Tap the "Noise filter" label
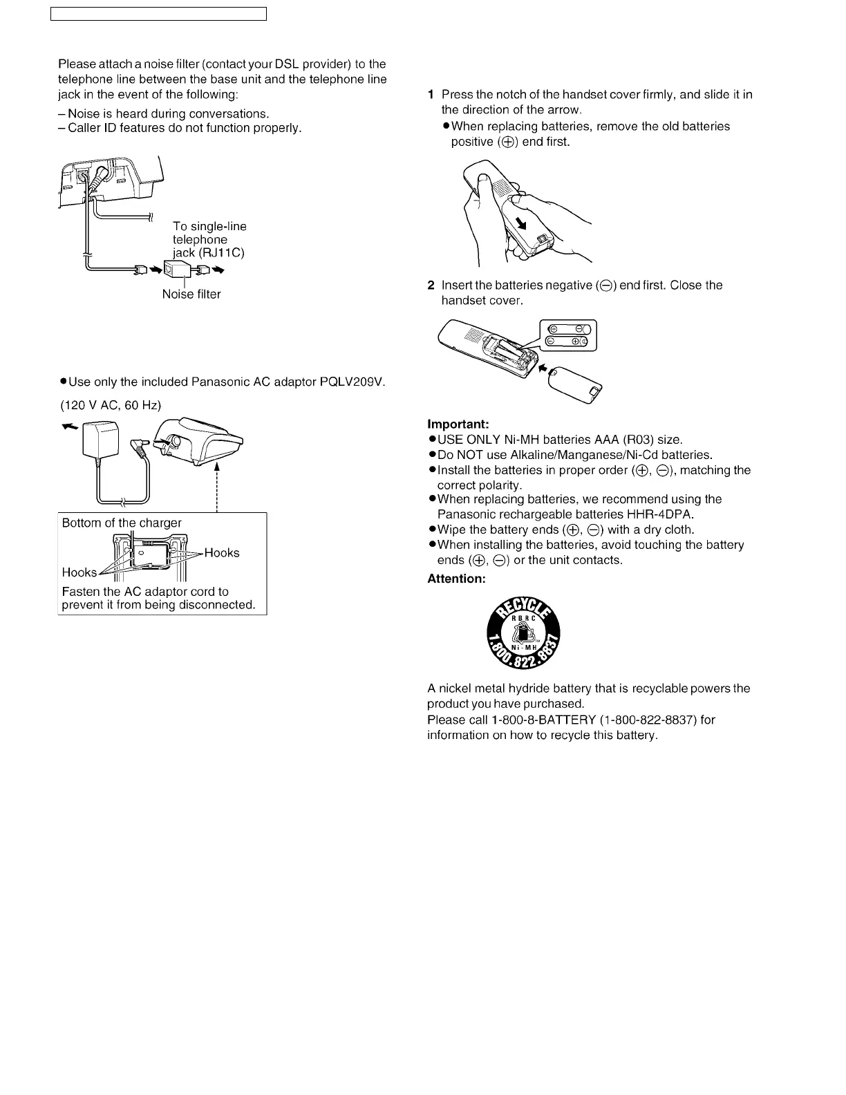coord(191,294)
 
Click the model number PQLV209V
coord(352,382)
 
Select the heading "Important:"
coord(458,424)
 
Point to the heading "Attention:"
coord(456,579)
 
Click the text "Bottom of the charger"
coord(122,523)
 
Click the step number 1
coord(431,95)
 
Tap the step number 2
coord(431,286)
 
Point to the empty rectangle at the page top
coord(158,14)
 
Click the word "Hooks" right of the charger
coord(222,553)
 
